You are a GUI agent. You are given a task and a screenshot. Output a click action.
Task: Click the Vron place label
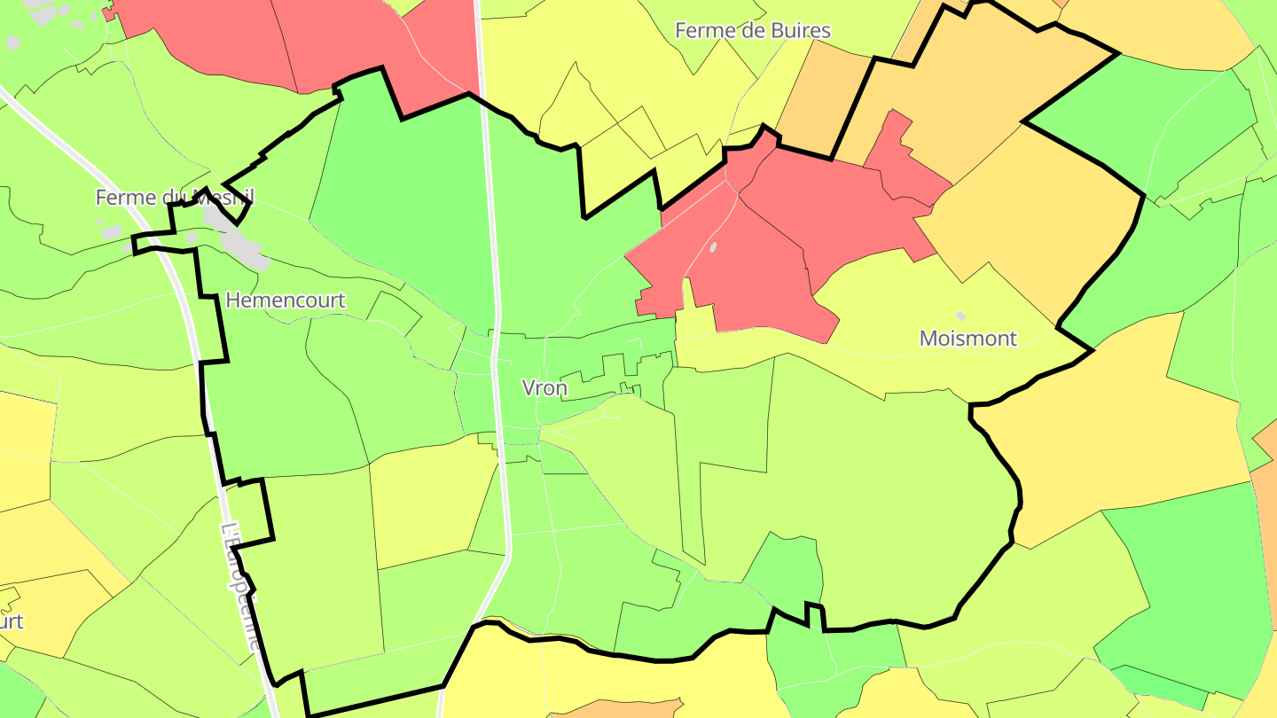click(x=544, y=388)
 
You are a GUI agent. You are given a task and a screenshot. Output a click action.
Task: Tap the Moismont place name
click(x=968, y=338)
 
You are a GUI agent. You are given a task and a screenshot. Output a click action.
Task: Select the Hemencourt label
click(x=285, y=300)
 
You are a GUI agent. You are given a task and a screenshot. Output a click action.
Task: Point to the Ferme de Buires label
click(x=753, y=30)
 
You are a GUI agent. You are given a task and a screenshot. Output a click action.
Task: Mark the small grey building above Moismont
click(x=960, y=316)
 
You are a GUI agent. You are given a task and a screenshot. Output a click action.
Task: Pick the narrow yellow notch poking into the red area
click(x=687, y=297)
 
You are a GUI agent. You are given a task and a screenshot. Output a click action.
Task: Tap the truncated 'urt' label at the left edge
click(x=11, y=621)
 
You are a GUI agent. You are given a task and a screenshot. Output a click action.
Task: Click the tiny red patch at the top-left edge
click(x=108, y=14)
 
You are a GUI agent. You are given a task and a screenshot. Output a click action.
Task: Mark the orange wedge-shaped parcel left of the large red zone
click(x=811, y=98)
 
